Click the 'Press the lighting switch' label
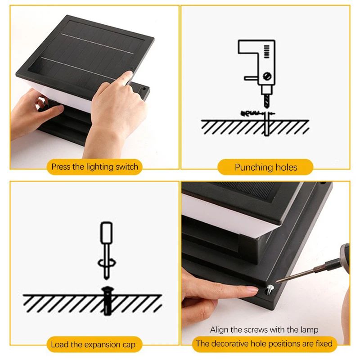[94, 167]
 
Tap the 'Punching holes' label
[265, 167]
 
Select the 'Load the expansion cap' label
[93, 345]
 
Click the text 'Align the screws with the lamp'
[264, 330]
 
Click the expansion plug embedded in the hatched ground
[107, 299]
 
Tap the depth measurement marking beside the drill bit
[253, 113]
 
